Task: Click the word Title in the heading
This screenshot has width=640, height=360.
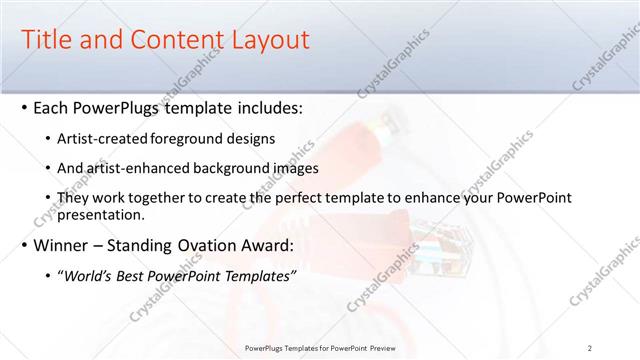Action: point(46,40)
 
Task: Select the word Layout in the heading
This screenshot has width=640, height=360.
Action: point(267,40)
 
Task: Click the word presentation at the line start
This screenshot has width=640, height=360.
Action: point(103,213)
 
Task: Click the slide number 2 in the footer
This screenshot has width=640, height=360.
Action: point(590,347)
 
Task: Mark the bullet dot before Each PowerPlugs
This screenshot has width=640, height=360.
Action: point(24,107)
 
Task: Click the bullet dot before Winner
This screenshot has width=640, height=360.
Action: point(24,245)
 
